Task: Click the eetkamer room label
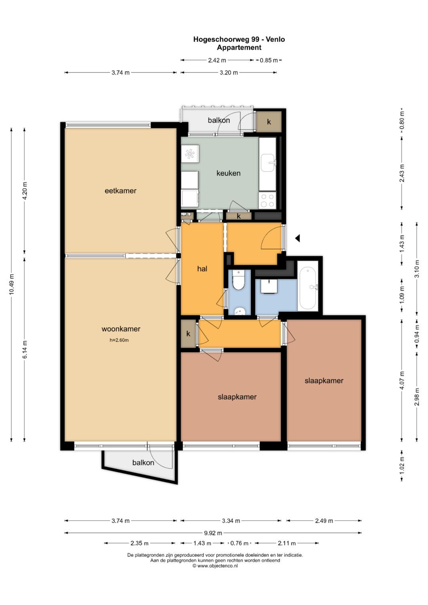(x=120, y=191)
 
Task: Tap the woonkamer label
(x=121, y=329)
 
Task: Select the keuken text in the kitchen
(x=228, y=173)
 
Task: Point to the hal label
(x=202, y=269)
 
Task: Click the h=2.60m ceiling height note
(x=119, y=340)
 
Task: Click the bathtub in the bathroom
(x=308, y=288)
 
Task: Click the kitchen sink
(x=268, y=162)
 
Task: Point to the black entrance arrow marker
(x=298, y=238)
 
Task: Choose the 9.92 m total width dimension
(x=213, y=533)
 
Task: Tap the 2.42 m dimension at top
(x=217, y=60)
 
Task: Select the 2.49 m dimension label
(x=324, y=521)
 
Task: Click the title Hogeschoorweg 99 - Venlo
(x=239, y=40)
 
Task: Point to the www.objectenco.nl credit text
(x=215, y=565)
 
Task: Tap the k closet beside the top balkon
(x=269, y=122)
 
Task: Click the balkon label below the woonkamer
(x=143, y=462)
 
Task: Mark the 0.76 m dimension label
(x=239, y=543)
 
